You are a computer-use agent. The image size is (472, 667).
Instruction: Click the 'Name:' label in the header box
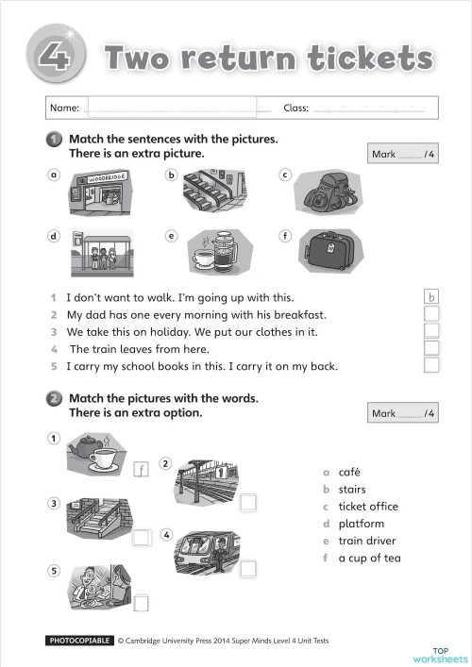65,108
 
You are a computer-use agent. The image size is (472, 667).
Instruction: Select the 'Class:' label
296,108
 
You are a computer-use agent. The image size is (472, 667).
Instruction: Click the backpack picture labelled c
327,192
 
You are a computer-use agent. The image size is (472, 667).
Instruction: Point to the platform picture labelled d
102,251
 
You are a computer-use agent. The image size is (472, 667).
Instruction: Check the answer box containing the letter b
431,296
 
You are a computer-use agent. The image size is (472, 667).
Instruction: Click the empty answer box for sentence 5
431,365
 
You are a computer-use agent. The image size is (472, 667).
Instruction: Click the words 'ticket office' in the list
367,507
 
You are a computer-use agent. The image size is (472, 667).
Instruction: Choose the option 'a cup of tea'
369,558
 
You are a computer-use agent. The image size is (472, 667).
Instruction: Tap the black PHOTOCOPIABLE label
79,641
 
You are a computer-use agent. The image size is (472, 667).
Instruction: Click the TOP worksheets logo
439,654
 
